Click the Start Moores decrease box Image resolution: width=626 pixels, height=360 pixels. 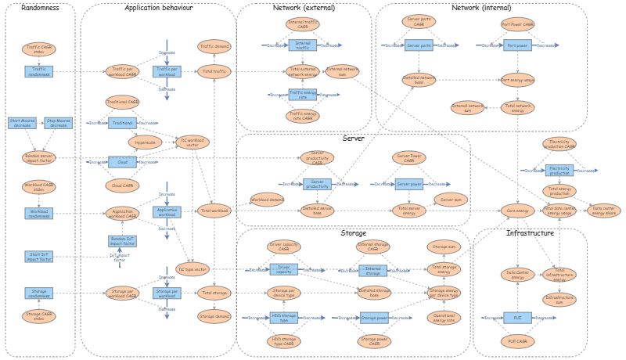(22, 122)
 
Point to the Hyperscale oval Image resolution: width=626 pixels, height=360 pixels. (144, 142)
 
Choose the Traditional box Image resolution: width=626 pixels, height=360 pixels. (122, 123)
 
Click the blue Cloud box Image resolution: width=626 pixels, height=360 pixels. (122, 163)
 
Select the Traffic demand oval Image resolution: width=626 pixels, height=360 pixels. (214, 47)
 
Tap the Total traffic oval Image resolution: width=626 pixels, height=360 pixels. (214, 71)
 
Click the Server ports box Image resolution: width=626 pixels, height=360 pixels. (419, 46)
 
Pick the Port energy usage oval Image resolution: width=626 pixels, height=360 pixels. (516, 79)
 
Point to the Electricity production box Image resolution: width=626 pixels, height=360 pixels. (559, 170)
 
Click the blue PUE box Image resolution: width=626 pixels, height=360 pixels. (517, 319)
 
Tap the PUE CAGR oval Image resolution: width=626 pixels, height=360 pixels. (517, 341)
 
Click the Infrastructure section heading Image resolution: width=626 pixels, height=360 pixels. (529, 233)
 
